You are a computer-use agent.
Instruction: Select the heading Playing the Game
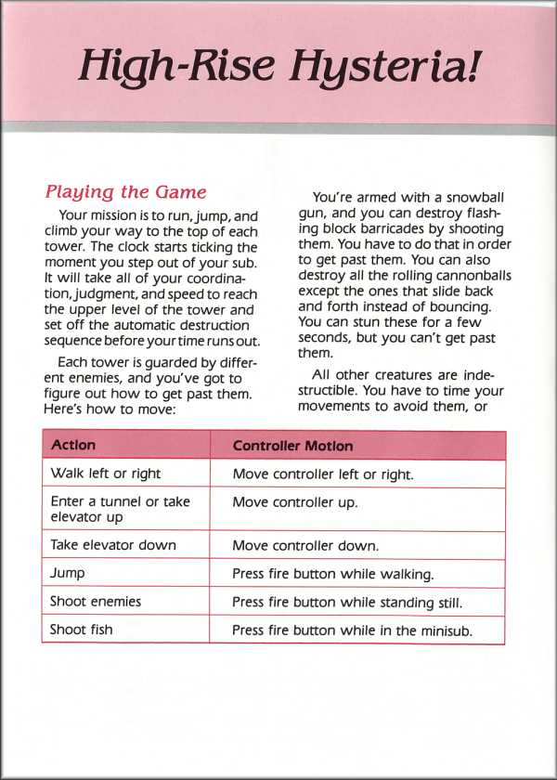point(125,192)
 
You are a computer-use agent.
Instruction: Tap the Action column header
point(73,446)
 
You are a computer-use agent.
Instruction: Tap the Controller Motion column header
point(292,446)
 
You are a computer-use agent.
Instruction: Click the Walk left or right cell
point(105,474)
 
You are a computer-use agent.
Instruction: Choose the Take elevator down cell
point(112,545)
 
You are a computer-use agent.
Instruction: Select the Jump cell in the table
point(68,574)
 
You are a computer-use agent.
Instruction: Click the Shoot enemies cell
point(96,602)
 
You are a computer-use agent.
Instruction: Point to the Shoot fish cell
point(82,630)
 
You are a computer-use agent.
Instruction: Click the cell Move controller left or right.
point(322,474)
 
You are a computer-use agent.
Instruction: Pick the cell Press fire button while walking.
point(332,574)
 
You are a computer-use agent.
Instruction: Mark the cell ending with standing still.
point(347,602)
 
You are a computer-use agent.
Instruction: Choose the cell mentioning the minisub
point(353,630)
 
